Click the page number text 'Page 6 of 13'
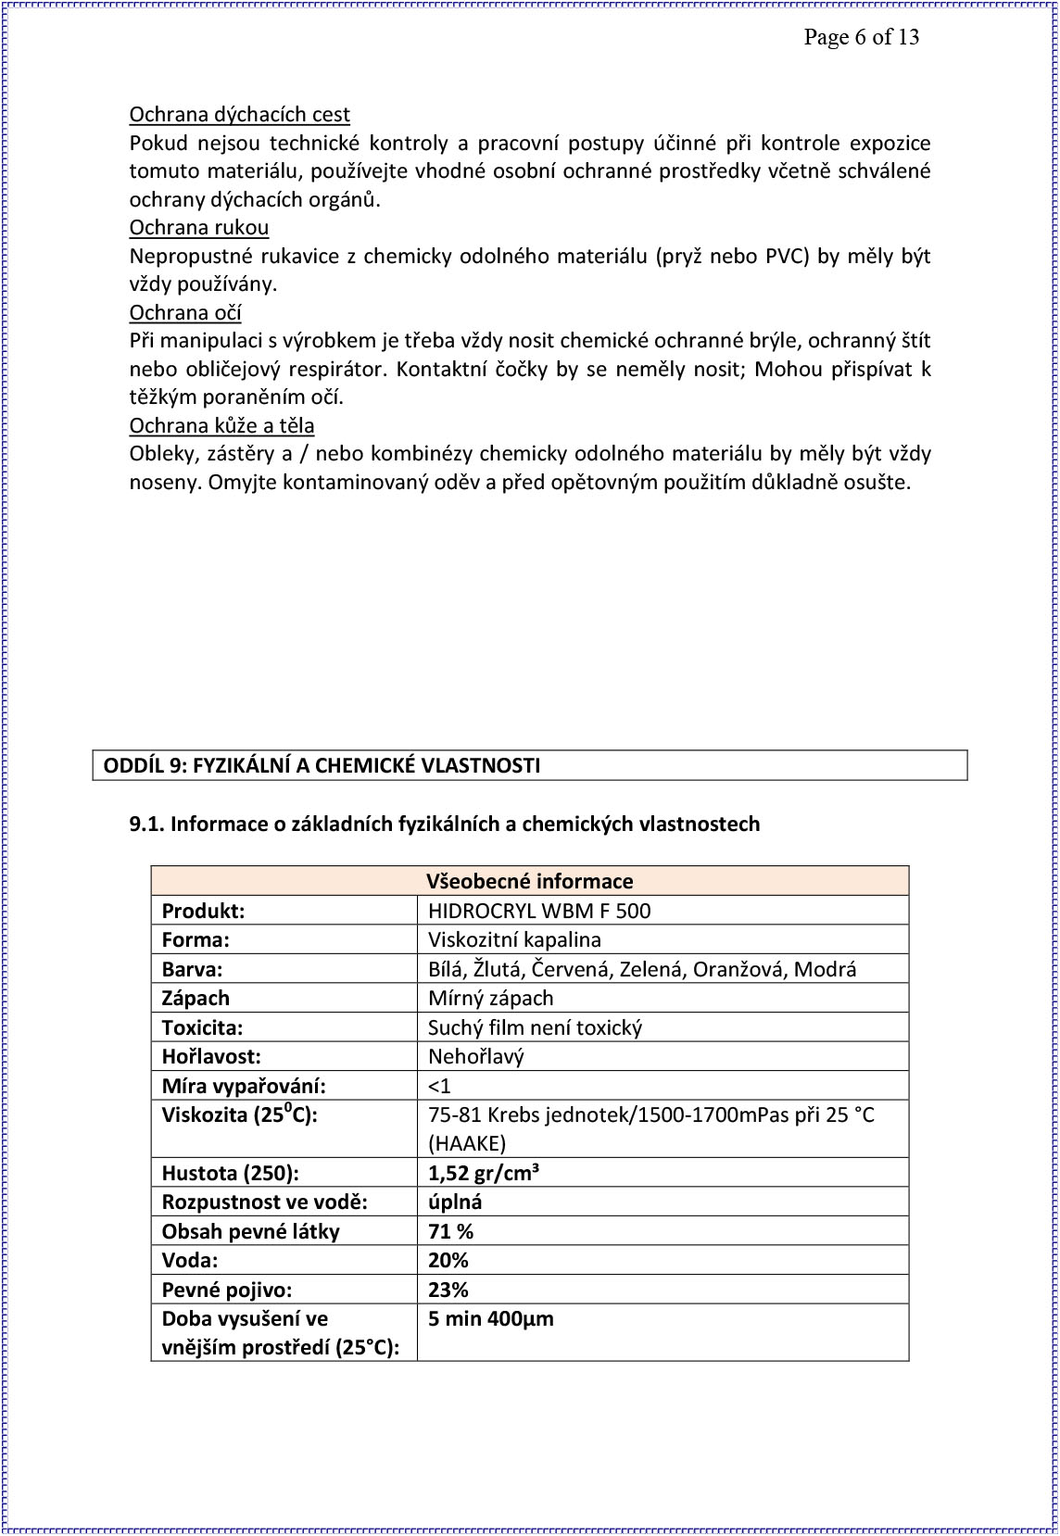[861, 37]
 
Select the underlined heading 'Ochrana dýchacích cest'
[239, 115]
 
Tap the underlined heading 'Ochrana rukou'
[199, 228]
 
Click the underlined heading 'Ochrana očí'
[185, 312]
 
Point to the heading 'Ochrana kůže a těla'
[221, 426]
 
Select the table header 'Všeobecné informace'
[529, 881]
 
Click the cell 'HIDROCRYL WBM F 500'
[539, 911]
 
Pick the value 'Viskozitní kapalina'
[514, 939]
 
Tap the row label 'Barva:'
[192, 969]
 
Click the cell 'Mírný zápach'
[490, 998]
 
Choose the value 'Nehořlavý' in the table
[475, 1056]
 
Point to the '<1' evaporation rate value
[439, 1086]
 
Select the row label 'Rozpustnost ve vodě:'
[264, 1202]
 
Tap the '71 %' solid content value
[451, 1231]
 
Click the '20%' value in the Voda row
[448, 1260]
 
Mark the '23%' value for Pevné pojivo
[448, 1290]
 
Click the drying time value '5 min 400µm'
[491, 1318]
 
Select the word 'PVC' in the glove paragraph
[787, 257]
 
